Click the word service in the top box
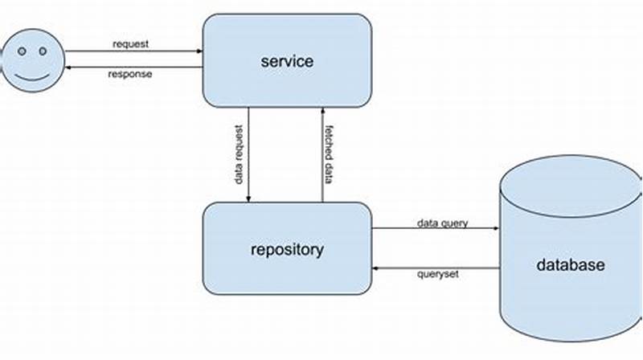pos(286,61)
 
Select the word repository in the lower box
pos(286,249)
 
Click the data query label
pos(442,221)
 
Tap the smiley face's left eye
pos(23,51)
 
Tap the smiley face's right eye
pos(41,51)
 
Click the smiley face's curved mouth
pos(32,79)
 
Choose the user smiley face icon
pos(32,61)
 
